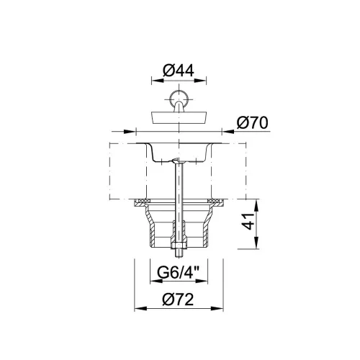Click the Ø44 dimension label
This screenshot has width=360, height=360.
tap(179, 71)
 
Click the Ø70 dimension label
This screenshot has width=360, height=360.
tap(252, 123)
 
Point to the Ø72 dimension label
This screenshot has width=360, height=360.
tap(178, 300)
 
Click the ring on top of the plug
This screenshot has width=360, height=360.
tap(179, 98)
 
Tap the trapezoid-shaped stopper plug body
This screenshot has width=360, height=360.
tap(179, 117)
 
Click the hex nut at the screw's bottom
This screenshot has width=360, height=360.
tap(179, 246)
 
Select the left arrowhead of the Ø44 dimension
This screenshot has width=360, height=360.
tap(157, 81)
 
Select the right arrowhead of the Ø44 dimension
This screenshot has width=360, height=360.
tap(201, 81)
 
